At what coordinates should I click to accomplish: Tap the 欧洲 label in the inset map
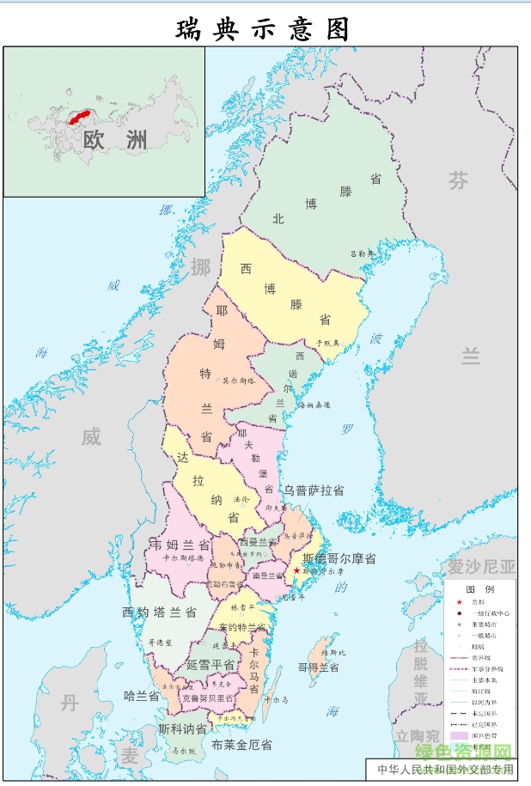point(114,140)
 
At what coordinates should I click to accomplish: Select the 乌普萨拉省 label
point(314,490)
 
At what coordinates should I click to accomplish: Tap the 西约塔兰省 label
point(160,612)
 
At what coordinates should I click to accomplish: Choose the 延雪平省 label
point(211,665)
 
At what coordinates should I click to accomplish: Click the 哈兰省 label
point(142,696)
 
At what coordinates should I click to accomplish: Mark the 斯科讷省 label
point(181,728)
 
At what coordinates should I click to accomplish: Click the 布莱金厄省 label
point(241,745)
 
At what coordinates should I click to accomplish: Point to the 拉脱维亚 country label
point(420,673)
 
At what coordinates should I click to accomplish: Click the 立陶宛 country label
point(418,735)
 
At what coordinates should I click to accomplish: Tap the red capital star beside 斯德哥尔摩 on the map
point(296,570)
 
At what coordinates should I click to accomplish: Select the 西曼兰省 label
point(259,542)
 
